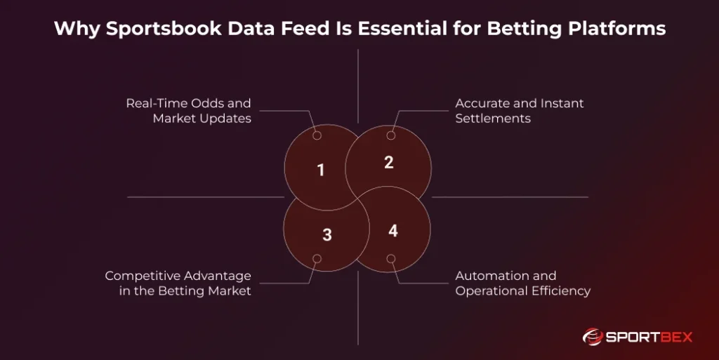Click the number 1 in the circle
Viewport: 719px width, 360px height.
[x=321, y=170]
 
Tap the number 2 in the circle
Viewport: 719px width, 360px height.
[x=388, y=162]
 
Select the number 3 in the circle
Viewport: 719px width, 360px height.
[x=326, y=235]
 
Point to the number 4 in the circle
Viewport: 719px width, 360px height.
[x=393, y=230]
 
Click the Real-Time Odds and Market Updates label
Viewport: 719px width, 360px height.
[x=188, y=111]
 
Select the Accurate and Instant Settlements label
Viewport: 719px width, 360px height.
[x=520, y=111]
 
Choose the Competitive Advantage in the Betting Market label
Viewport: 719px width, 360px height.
[x=178, y=284]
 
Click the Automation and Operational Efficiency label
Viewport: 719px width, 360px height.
[x=522, y=284]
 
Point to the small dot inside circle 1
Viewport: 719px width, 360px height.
[x=317, y=135]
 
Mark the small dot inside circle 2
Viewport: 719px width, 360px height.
[x=391, y=135]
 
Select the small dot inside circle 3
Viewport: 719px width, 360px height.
[x=317, y=259]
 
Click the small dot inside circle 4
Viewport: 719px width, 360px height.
[x=391, y=259]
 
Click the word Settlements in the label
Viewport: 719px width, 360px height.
[x=493, y=119]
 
